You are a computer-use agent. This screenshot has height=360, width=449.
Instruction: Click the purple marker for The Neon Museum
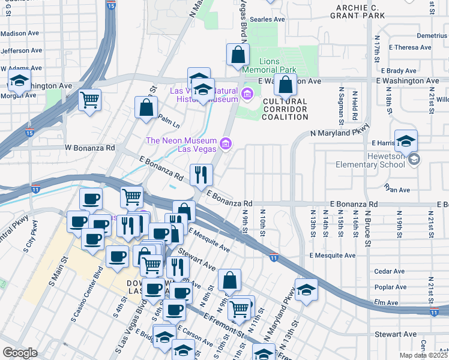[226, 143]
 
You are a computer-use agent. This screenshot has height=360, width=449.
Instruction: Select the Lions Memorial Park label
[278, 65]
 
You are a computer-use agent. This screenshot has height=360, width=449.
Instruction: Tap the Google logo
[20, 353]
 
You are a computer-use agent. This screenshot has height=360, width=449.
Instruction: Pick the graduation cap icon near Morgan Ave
[19, 81]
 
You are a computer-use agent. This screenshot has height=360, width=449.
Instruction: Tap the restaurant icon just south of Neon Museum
[201, 175]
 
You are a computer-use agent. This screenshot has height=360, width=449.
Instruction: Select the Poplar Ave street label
[391, 287]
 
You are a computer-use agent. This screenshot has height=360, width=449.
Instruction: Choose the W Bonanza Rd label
[89, 147]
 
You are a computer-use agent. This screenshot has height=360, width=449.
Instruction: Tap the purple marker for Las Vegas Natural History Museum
[247, 94]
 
